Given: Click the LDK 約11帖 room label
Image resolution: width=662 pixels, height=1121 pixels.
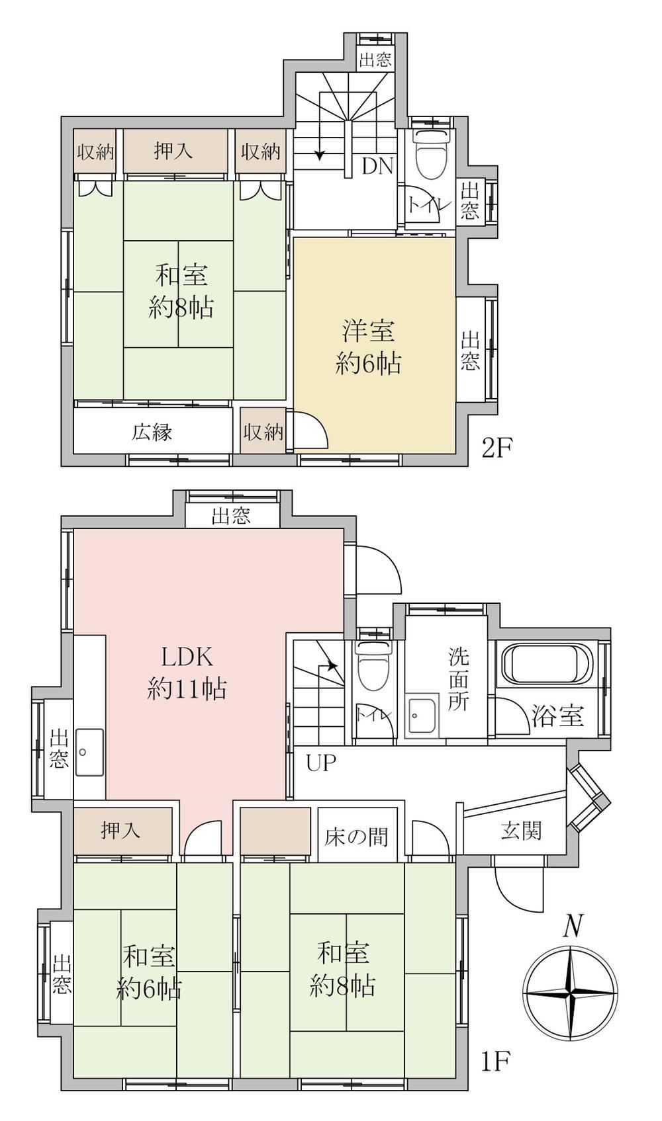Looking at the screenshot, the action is pyautogui.click(x=187, y=673).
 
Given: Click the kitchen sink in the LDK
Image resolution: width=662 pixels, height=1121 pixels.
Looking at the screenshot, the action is pyautogui.click(x=89, y=752).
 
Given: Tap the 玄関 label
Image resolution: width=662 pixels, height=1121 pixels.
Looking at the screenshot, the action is pyautogui.click(x=521, y=831).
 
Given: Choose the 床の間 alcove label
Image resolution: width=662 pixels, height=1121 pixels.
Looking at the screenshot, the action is pyautogui.click(x=357, y=837).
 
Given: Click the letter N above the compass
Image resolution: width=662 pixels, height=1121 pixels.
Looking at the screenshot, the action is pyautogui.click(x=573, y=926).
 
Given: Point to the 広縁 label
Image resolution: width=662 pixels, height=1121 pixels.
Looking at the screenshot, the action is pyautogui.click(x=152, y=432).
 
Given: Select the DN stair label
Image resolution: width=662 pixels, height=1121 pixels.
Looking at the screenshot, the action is pyautogui.click(x=378, y=167).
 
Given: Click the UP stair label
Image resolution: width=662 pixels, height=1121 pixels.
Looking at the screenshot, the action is pyautogui.click(x=321, y=763).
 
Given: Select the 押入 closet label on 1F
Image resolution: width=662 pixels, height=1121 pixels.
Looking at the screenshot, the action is pyautogui.click(x=120, y=831).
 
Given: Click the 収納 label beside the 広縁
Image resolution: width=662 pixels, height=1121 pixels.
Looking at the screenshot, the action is pyautogui.click(x=263, y=432).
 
